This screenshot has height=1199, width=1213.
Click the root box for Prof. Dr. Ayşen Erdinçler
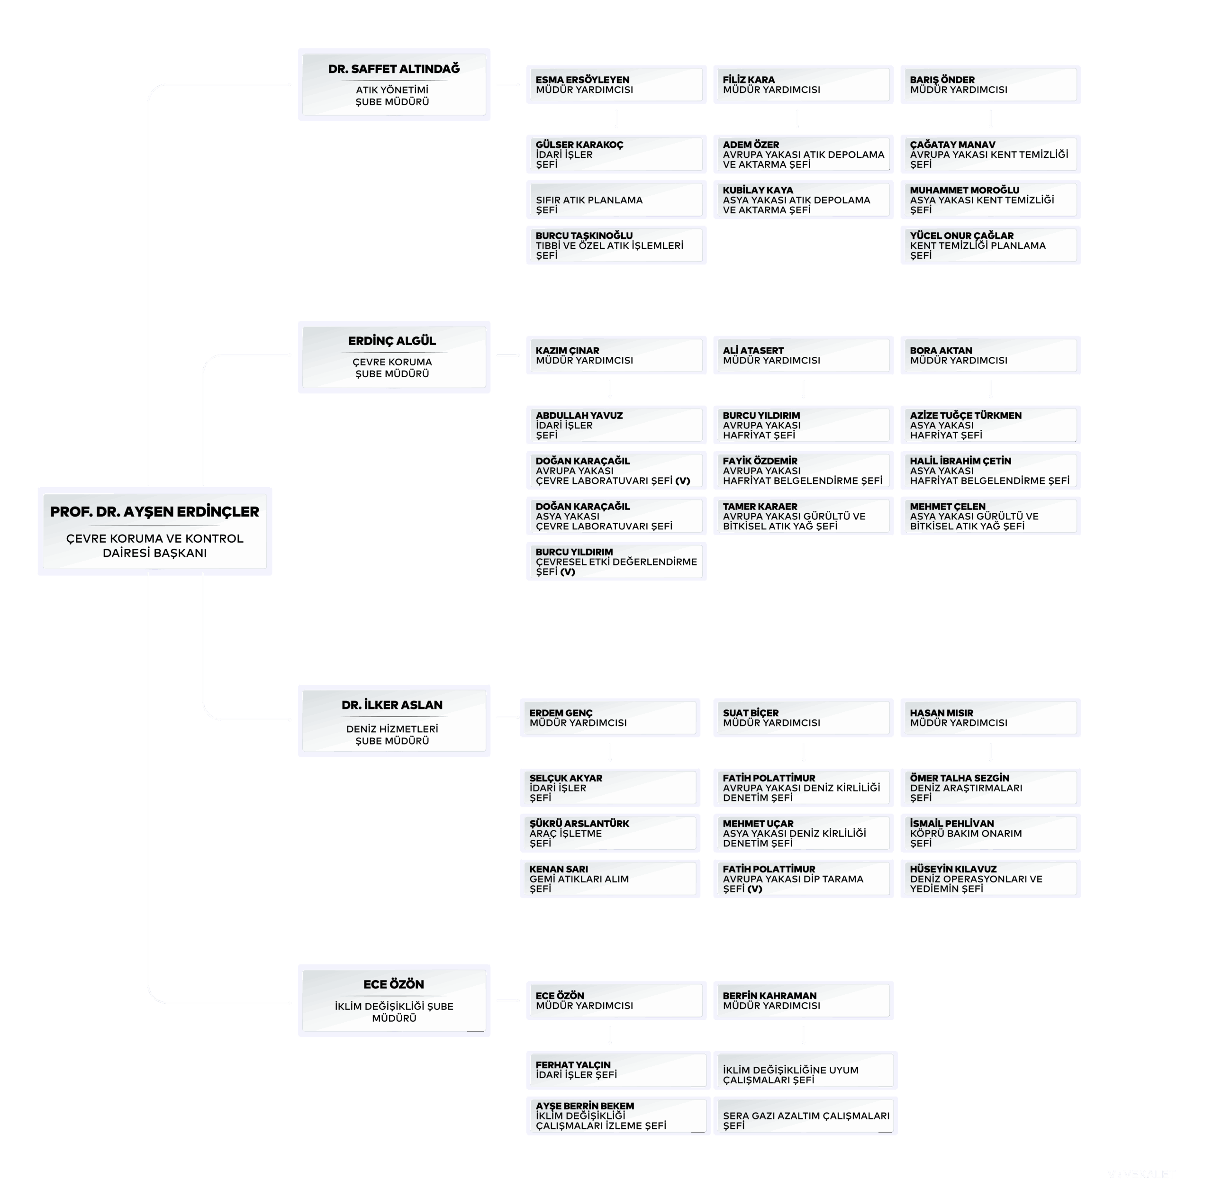point(154,531)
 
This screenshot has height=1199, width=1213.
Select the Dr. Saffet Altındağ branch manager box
point(394,85)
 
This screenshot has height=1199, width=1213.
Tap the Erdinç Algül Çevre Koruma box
point(394,357)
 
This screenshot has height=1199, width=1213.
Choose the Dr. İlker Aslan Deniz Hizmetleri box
point(394,720)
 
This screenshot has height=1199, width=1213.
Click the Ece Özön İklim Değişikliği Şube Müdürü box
point(394,1000)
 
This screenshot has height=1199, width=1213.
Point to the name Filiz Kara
point(748,80)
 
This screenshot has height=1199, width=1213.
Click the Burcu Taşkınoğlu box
point(616,245)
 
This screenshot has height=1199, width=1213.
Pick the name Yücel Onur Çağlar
point(961,236)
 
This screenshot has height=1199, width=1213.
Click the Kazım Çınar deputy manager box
point(616,355)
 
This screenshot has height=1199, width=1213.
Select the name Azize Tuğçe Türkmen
point(965,415)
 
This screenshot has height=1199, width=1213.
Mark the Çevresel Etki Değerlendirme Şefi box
point(616,562)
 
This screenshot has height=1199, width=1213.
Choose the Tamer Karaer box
point(803,516)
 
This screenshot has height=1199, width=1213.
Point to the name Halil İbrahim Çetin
point(960,461)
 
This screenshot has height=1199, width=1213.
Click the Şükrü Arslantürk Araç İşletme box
point(610,834)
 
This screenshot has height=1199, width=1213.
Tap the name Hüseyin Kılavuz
point(953,869)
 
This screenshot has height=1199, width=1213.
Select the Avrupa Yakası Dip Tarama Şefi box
point(803,879)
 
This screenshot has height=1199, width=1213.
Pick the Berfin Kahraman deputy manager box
point(803,1000)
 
